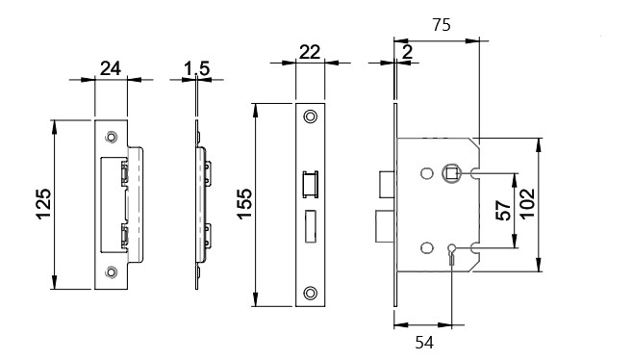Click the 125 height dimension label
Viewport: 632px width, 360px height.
coord(44,204)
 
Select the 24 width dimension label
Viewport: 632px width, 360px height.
coord(110,68)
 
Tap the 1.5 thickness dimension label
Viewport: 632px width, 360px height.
coord(196,68)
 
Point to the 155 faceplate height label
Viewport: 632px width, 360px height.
coord(244,204)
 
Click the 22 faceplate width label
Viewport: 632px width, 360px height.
coord(310,52)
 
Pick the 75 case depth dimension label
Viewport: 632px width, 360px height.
coord(442,25)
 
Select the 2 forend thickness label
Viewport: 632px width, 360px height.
coord(408,52)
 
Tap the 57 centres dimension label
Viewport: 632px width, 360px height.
coord(503,211)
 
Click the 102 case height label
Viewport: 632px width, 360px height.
coord(527,204)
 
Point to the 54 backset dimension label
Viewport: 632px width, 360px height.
coord(424,343)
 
